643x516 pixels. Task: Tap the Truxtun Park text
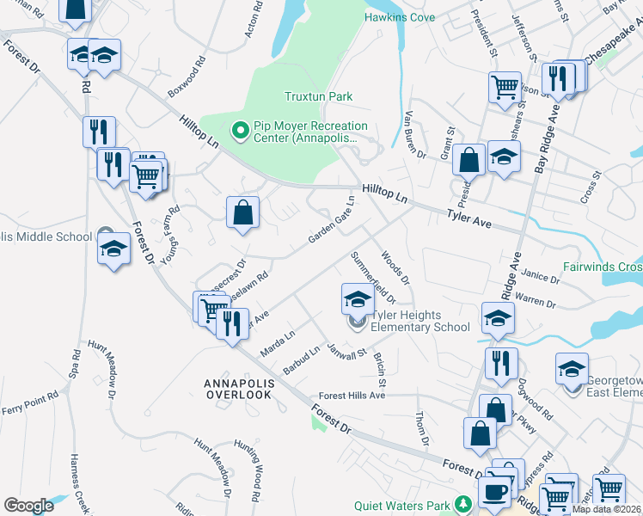(319, 97)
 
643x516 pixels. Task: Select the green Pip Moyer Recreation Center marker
(241, 132)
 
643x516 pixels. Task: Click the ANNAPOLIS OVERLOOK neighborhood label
(238, 388)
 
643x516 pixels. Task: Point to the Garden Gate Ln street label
(333, 220)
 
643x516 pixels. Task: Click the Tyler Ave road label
(468, 220)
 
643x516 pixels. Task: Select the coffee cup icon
(493, 493)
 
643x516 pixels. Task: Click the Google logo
(28, 505)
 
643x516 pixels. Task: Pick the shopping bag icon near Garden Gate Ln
(243, 212)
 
